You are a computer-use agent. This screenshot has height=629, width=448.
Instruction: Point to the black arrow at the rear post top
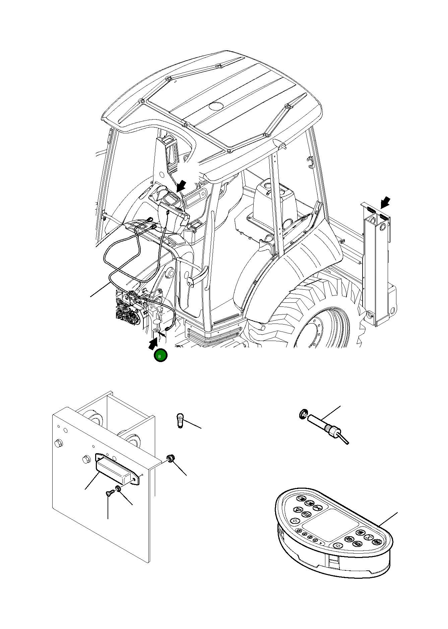pos(385,202)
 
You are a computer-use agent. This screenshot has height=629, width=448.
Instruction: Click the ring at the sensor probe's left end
pos(303,414)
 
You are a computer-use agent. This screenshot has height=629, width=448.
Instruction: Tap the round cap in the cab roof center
pos(216,106)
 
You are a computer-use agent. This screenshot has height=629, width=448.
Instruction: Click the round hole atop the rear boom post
pos(383,227)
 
